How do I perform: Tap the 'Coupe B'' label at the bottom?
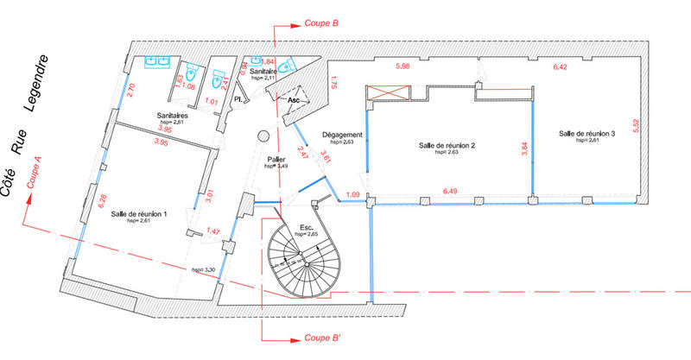(x=321, y=338)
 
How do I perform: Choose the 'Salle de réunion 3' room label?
(x=586, y=134)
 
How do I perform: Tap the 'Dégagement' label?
(x=341, y=135)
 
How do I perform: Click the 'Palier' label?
(x=276, y=160)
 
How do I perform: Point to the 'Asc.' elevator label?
(x=295, y=100)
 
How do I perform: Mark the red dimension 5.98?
(x=403, y=67)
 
